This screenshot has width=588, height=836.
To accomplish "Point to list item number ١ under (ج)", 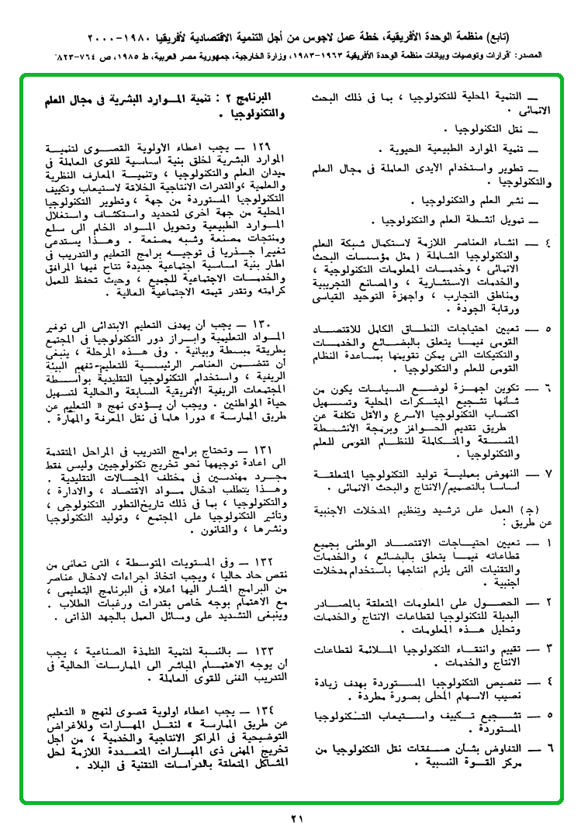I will point(548,544).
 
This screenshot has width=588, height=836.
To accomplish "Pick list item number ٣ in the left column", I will point(548,648).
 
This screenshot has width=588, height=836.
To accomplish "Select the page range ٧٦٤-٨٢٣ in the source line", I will point(81,57).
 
